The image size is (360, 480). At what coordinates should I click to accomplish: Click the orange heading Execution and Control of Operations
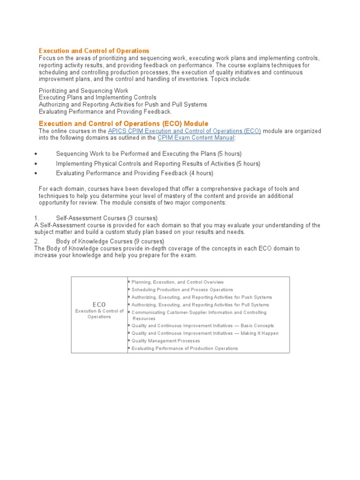tap(94, 51)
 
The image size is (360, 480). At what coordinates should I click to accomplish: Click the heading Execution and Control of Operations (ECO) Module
tap(123, 123)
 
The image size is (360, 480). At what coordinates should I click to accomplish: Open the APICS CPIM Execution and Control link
tap(184, 131)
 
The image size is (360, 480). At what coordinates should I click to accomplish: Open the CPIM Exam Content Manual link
tap(196, 138)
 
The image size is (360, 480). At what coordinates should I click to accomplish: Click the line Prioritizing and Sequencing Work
tap(83, 90)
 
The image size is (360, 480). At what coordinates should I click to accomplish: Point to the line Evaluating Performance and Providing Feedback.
tap(105, 112)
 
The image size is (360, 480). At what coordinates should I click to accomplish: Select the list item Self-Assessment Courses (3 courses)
tap(107, 218)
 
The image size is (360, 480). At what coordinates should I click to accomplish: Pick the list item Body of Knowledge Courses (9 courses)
tap(110, 241)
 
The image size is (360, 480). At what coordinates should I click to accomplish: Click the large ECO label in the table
tap(99, 305)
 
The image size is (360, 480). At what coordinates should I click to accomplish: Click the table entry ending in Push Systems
tap(202, 297)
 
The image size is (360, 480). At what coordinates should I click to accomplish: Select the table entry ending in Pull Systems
tap(201, 305)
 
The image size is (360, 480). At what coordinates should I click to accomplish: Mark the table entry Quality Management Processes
tap(166, 341)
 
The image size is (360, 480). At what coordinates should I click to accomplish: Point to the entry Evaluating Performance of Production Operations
tap(185, 348)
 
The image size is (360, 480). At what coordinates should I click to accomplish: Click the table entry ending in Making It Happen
tap(205, 333)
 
